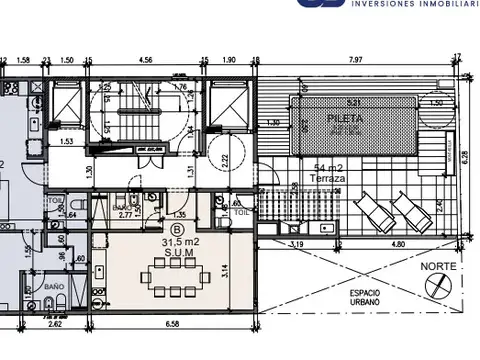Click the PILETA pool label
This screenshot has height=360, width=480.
point(345,118)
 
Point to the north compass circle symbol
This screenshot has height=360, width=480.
point(437,287)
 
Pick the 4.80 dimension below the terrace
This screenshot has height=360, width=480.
point(398,243)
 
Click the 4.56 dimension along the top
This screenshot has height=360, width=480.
point(145,60)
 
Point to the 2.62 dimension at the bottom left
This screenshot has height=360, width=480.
point(55,325)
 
